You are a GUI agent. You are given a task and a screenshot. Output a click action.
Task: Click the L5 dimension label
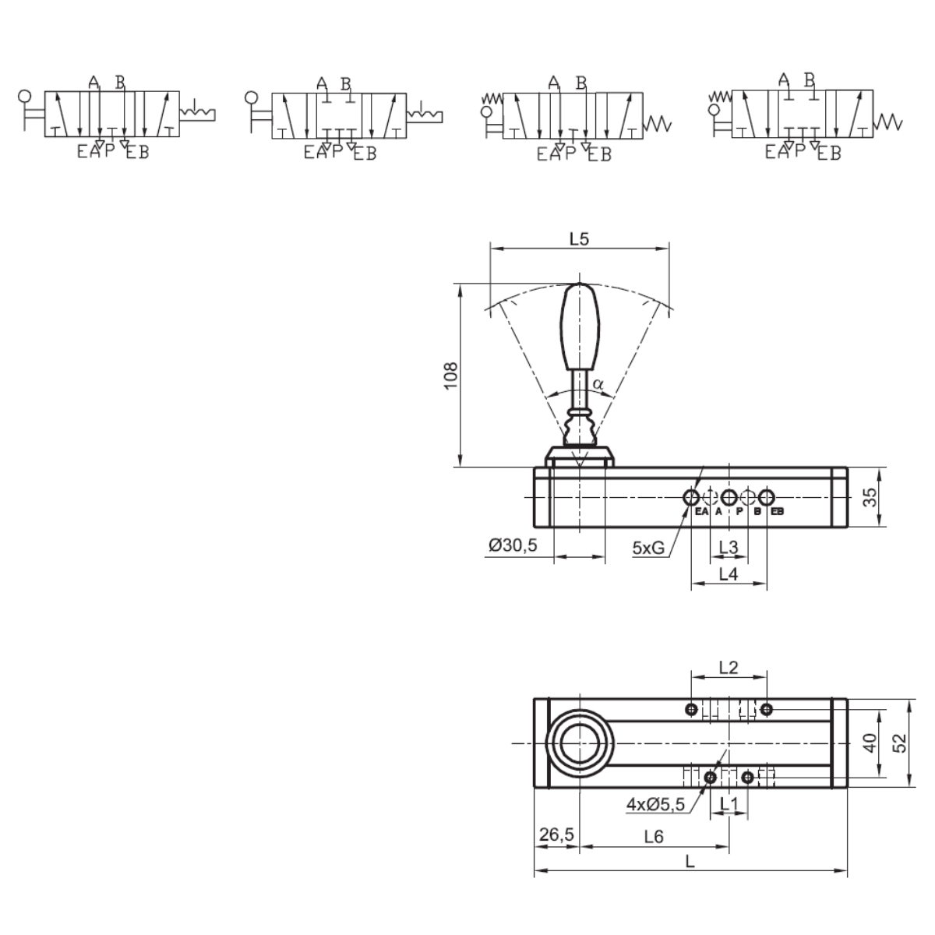point(579,238)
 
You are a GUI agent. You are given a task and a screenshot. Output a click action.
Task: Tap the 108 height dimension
point(451,375)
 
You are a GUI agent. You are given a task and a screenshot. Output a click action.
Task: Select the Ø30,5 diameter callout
point(513,545)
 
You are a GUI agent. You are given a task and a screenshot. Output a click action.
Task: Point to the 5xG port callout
point(648,548)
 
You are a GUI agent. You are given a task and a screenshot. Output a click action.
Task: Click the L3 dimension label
point(729,547)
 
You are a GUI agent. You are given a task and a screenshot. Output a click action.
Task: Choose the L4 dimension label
point(729,574)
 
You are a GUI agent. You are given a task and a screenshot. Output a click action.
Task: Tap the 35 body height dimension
point(870,497)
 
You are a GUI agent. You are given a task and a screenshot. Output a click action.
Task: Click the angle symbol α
point(598,385)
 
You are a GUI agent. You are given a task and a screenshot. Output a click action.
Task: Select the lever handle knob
point(580,326)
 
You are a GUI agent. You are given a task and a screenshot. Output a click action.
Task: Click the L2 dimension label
point(729,668)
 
